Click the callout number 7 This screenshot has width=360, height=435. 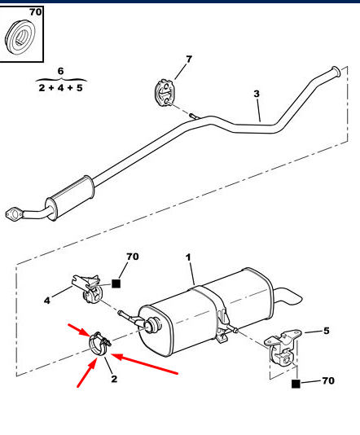click(x=189, y=59)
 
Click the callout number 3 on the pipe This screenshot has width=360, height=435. click(x=257, y=94)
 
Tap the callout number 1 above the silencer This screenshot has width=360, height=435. click(x=188, y=257)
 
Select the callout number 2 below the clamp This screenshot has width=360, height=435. click(x=114, y=379)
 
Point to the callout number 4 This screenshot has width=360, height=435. click(x=47, y=300)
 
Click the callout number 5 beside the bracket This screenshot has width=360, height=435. click(x=327, y=331)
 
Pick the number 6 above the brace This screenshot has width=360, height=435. click(x=61, y=71)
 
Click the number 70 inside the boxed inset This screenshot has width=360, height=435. click(x=36, y=12)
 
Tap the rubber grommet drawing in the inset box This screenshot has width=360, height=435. click(x=20, y=37)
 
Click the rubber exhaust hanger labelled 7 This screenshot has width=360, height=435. click(x=164, y=93)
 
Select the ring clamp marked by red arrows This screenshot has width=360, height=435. click(x=99, y=344)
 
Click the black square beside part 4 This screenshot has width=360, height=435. click(x=116, y=283)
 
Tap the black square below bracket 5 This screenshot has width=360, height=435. click(x=296, y=384)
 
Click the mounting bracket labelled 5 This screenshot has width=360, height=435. click(x=282, y=349)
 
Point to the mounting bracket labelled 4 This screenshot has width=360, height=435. click(x=87, y=289)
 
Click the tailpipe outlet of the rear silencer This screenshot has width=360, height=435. click(x=288, y=297)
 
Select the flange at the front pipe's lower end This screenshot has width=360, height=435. click(x=14, y=214)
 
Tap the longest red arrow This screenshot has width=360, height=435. click(x=144, y=363)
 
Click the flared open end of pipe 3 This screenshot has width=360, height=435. click(x=336, y=71)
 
